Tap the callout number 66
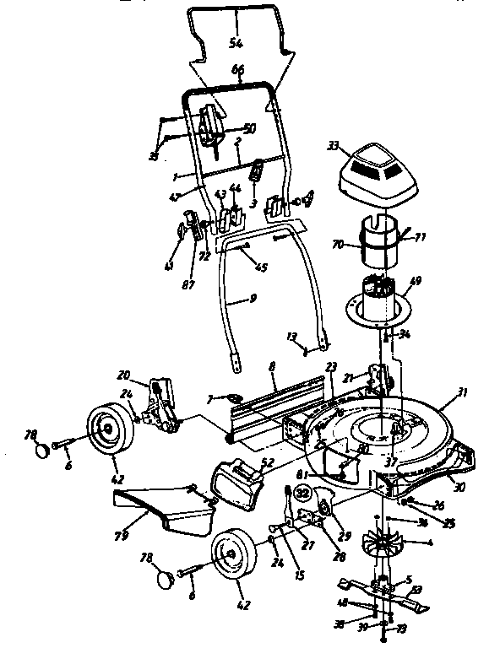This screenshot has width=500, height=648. coord(238,71)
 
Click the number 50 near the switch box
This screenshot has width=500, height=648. coord(249,128)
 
